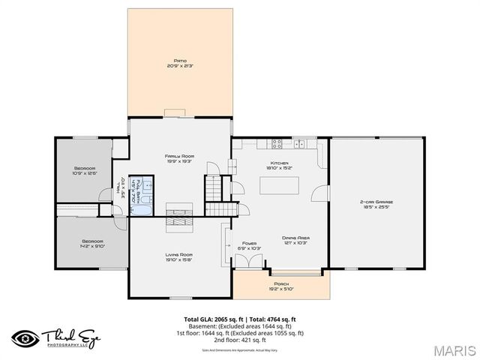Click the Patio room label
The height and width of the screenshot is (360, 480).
(x=180, y=59)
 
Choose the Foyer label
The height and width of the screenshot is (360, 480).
(x=249, y=243)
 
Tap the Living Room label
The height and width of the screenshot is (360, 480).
(x=179, y=255)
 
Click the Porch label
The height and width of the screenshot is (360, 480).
(x=281, y=284)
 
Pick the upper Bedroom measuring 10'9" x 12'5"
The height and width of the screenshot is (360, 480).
(x=85, y=169)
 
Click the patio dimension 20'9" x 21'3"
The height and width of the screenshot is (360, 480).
(x=180, y=65)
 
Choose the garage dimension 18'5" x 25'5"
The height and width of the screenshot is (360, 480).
(x=376, y=207)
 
